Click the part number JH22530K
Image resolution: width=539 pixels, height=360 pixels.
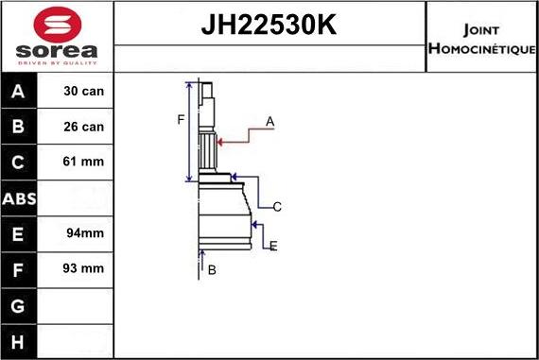point(269,26)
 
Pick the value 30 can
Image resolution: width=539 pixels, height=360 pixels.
point(83,92)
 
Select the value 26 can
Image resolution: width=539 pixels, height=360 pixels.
point(83,127)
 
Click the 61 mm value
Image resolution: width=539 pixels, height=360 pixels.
point(83,162)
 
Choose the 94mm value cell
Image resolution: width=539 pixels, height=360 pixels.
point(83,232)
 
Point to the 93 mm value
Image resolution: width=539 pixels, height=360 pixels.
point(83,268)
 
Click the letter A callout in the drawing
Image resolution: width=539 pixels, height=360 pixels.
point(269,121)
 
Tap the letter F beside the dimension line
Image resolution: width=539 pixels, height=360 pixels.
point(181,119)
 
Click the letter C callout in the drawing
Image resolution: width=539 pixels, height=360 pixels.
point(277,206)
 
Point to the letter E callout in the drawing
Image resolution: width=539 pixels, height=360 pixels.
point(273,247)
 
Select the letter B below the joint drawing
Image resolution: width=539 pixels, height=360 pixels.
point(212,270)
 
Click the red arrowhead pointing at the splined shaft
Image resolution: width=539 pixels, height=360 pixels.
point(221,142)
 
